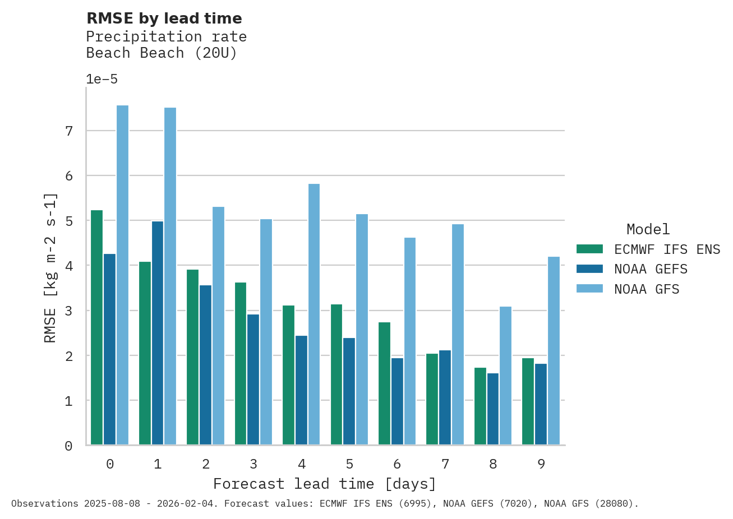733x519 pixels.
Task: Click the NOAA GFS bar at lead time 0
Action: tap(122, 275)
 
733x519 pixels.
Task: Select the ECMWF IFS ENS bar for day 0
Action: tap(96, 327)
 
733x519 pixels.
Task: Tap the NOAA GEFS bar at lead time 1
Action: tap(158, 333)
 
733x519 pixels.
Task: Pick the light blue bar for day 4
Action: tap(314, 314)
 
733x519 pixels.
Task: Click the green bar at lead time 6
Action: tap(384, 383)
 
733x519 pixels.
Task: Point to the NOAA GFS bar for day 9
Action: tap(554, 350)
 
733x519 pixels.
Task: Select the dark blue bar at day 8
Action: tap(493, 409)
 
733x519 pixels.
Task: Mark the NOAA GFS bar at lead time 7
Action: tap(458, 334)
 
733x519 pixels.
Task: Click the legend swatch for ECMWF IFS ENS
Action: tap(589, 249)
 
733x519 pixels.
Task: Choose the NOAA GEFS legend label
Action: tap(651, 269)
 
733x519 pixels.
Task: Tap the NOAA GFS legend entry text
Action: tap(647, 289)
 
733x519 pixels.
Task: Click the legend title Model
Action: tap(648, 229)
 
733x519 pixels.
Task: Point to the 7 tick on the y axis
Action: tap(69, 131)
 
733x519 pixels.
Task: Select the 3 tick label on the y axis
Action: tap(69, 311)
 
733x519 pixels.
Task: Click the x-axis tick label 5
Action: tap(349, 464)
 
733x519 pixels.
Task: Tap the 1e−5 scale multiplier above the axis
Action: tap(102, 79)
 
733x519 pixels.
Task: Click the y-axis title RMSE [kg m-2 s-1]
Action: tap(50, 267)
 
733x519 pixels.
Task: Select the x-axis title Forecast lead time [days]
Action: tap(325, 484)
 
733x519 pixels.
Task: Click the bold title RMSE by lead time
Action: tap(164, 18)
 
